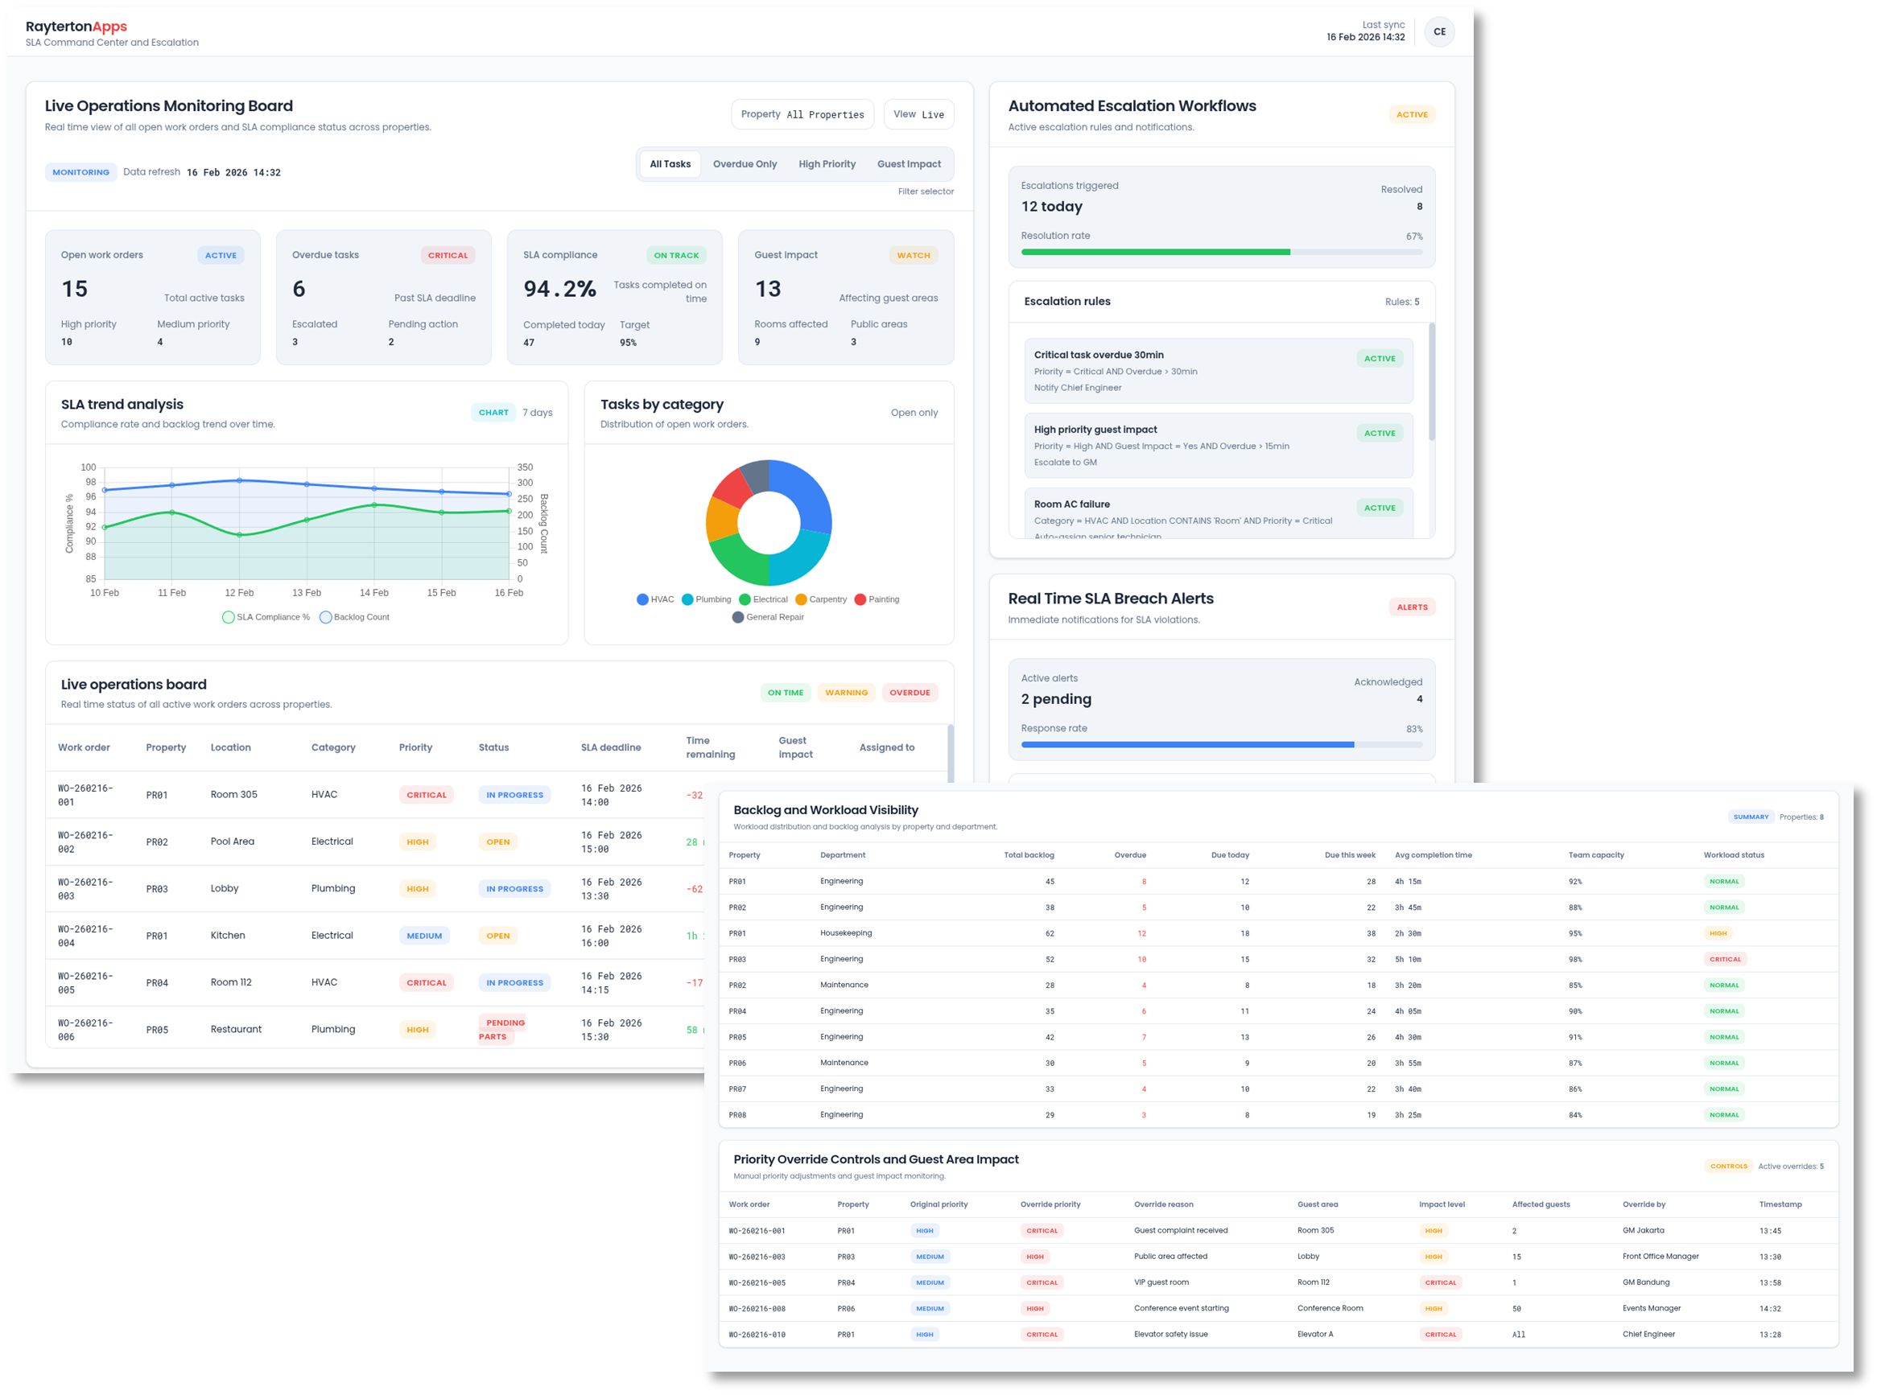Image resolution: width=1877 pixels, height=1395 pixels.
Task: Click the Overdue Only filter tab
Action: click(x=745, y=164)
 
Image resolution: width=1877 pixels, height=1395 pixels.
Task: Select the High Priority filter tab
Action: click(x=826, y=164)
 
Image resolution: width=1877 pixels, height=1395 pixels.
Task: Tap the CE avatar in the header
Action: click(x=1438, y=32)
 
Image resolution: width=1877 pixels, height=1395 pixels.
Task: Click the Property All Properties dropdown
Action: click(x=802, y=114)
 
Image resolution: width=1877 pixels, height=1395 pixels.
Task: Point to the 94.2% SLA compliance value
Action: click(x=559, y=290)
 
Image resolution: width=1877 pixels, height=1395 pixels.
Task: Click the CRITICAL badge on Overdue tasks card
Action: click(x=447, y=255)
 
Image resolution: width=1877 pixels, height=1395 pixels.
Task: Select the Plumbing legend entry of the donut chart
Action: click(x=706, y=599)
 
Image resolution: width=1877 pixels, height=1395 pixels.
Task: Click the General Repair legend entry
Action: click(x=768, y=617)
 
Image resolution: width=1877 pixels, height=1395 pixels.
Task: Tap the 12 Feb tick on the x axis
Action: click(x=239, y=593)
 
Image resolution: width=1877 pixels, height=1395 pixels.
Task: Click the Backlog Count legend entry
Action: click(x=355, y=617)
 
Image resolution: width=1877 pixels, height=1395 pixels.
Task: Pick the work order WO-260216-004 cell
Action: click(x=85, y=936)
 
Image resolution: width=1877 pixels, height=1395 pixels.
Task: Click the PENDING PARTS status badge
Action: click(x=505, y=1030)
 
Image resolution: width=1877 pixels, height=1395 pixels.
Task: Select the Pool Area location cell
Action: click(x=233, y=842)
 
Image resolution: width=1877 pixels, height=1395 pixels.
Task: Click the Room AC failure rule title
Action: click(x=1071, y=504)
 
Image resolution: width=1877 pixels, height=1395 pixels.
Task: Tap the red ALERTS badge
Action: click(x=1411, y=607)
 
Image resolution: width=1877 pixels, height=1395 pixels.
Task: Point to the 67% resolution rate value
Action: click(x=1413, y=237)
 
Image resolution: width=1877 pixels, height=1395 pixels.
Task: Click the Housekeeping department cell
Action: click(x=846, y=933)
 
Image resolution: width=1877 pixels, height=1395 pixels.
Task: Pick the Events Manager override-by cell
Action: click(x=1651, y=1308)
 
